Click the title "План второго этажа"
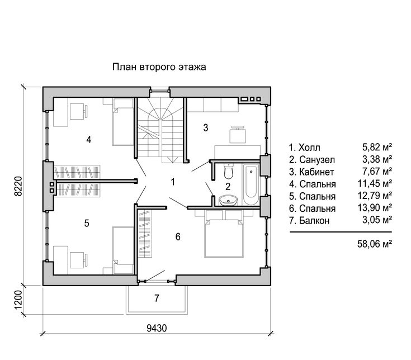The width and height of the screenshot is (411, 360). click(159, 67)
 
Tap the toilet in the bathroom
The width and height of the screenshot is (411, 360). click(229, 170)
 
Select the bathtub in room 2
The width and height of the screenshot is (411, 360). click(251, 184)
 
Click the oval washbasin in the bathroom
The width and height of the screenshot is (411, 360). click(228, 201)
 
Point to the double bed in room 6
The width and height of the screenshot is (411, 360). click(224, 234)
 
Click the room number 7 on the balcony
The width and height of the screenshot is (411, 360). click(157, 298)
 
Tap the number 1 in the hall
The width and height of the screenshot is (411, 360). click(173, 182)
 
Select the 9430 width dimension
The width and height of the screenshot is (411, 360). click(157, 328)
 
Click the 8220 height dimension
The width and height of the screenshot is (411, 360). click(18, 186)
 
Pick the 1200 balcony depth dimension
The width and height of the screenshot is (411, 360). click(18, 300)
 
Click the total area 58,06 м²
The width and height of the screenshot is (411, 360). click(375, 244)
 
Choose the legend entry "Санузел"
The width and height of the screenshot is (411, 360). click(312, 159)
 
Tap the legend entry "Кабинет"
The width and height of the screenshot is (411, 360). click(311, 172)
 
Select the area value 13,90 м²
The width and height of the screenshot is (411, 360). click(375, 208)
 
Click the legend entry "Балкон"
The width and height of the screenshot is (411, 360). click(309, 221)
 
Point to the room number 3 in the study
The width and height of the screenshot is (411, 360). click(206, 127)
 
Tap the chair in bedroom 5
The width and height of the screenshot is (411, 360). click(78, 260)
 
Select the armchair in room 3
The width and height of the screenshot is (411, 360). click(238, 134)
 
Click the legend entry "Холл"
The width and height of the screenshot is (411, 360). click(305, 148)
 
